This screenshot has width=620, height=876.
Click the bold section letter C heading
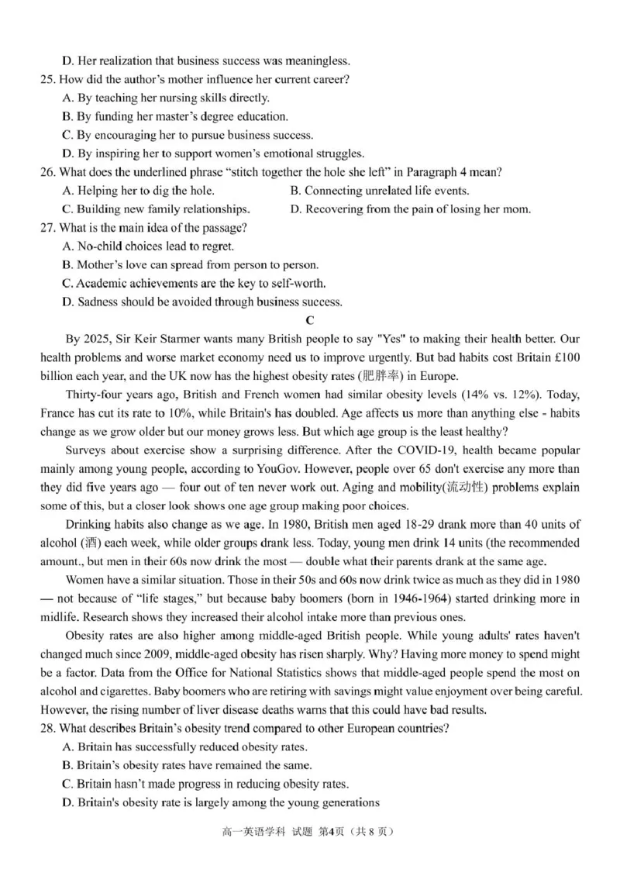point(310,320)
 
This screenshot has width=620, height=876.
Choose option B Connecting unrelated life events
point(380,191)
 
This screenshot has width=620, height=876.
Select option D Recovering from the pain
point(410,209)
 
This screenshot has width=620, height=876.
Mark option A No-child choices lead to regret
point(147,247)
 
